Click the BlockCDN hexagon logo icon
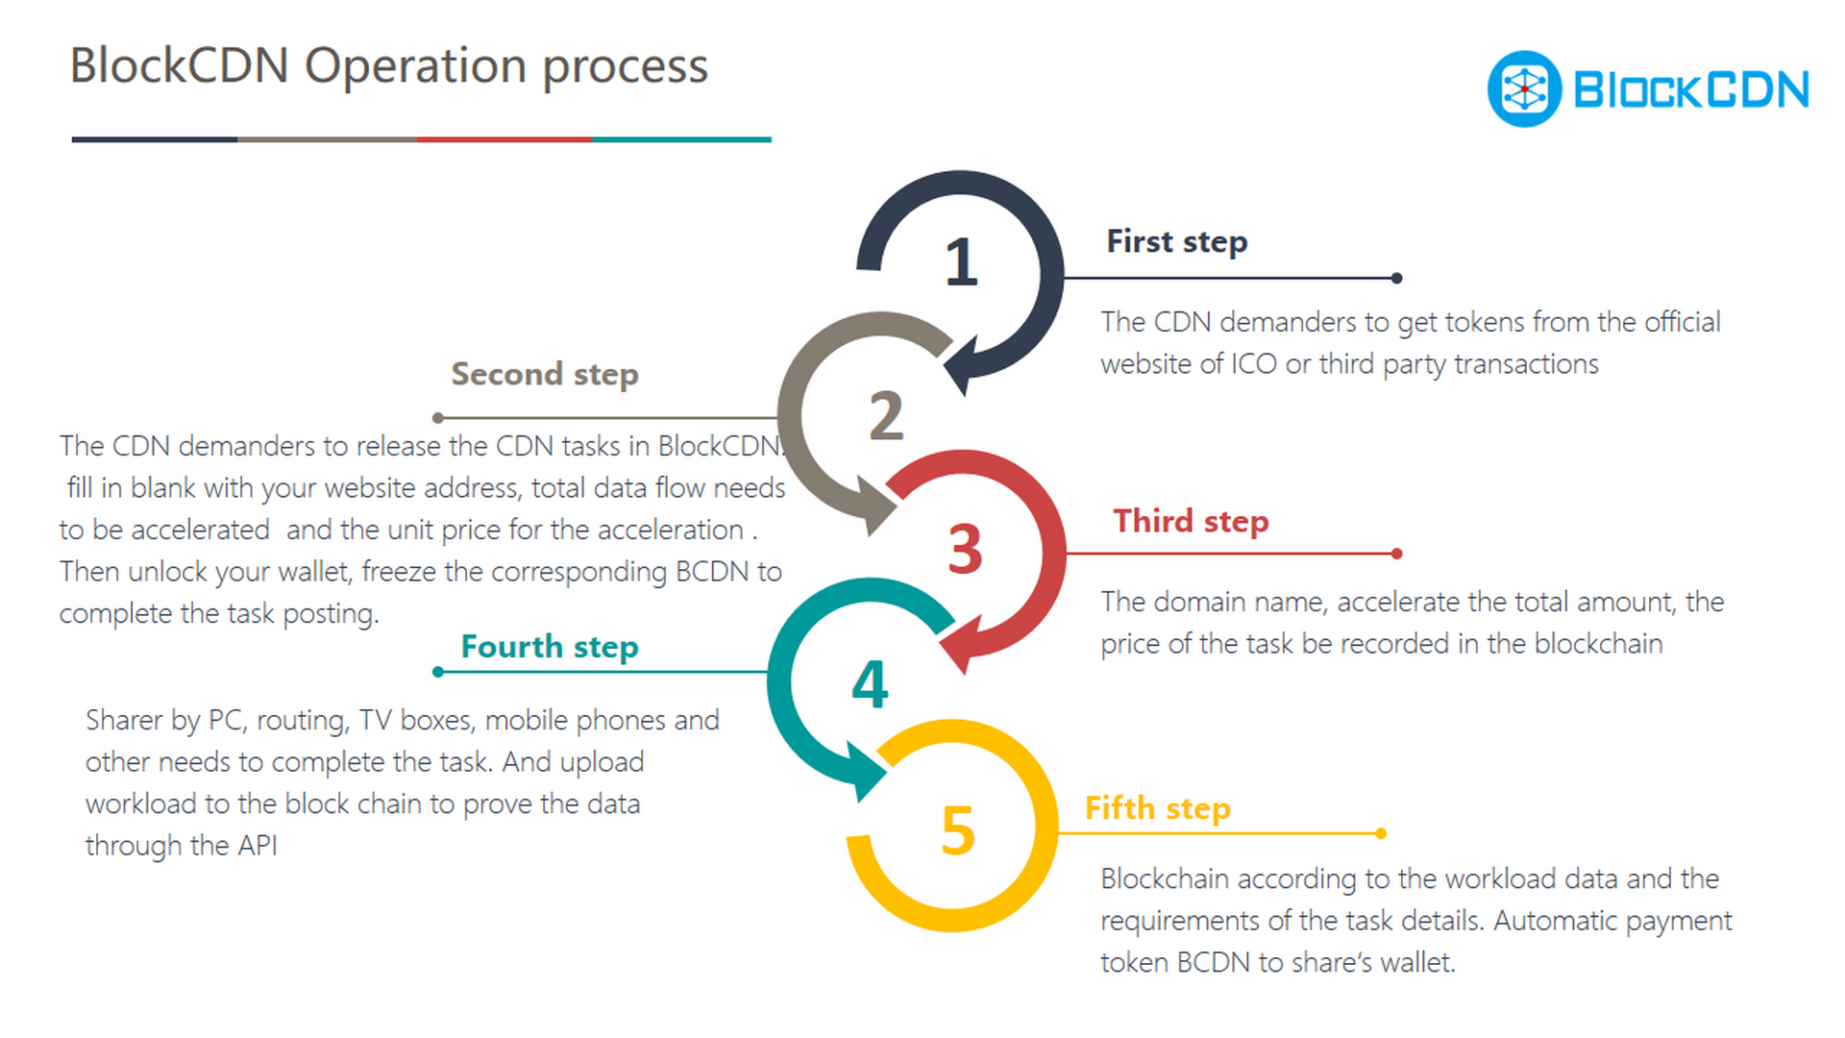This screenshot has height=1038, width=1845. coord(1524,88)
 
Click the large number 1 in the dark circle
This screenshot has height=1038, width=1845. coord(961,261)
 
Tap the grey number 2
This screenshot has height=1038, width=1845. coord(886,415)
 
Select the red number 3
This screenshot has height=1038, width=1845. coord(965,549)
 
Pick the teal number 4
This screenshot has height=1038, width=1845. coord(871,684)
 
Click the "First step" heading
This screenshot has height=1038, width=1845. coord(1177,241)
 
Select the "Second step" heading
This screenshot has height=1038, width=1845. coord(545,374)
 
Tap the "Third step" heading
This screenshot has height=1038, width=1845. coord(1191,521)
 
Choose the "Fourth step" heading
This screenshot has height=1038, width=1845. coord(550,647)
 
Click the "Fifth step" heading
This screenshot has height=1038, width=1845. coord(1158,808)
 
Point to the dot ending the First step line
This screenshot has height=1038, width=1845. coord(1396,278)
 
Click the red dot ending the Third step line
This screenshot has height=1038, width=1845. coord(1396,554)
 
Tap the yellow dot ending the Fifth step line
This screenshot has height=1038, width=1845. coord(1381,833)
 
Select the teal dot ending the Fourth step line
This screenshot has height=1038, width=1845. coord(438,672)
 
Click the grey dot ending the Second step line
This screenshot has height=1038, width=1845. coord(438,418)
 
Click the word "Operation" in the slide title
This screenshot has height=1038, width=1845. coord(415,67)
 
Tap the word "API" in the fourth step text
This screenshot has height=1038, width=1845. coord(257,846)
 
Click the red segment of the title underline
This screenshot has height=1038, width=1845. coord(504,139)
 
